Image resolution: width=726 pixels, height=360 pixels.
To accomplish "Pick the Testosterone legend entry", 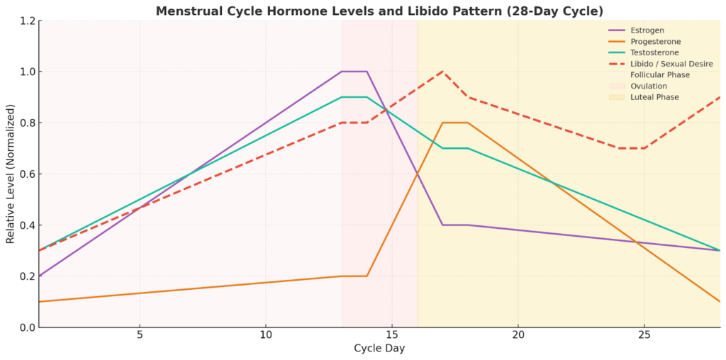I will [x=653, y=52].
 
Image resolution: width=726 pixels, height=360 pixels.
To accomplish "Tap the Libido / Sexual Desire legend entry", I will [x=670, y=64].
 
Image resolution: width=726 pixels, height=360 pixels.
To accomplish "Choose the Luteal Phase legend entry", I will [x=654, y=97].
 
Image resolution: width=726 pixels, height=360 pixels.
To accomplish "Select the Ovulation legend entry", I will [x=648, y=86].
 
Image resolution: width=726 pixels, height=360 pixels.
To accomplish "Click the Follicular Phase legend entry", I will [x=659, y=75].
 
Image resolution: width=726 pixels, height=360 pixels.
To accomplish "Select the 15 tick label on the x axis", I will [x=391, y=337].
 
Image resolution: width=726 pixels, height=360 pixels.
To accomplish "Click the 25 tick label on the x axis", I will [x=644, y=337].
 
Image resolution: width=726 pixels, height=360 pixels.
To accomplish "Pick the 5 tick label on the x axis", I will [x=140, y=337].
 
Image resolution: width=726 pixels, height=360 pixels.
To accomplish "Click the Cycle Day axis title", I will [x=379, y=349].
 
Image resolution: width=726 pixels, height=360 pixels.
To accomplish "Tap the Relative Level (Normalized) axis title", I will [x=10, y=174].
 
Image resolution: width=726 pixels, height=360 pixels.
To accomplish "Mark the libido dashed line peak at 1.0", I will [x=442, y=72].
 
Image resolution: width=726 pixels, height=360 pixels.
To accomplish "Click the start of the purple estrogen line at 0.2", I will [x=40, y=276].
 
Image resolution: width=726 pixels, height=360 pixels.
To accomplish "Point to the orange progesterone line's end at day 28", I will [x=720, y=301].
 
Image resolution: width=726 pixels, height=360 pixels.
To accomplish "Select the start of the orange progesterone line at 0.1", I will [x=40, y=301].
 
